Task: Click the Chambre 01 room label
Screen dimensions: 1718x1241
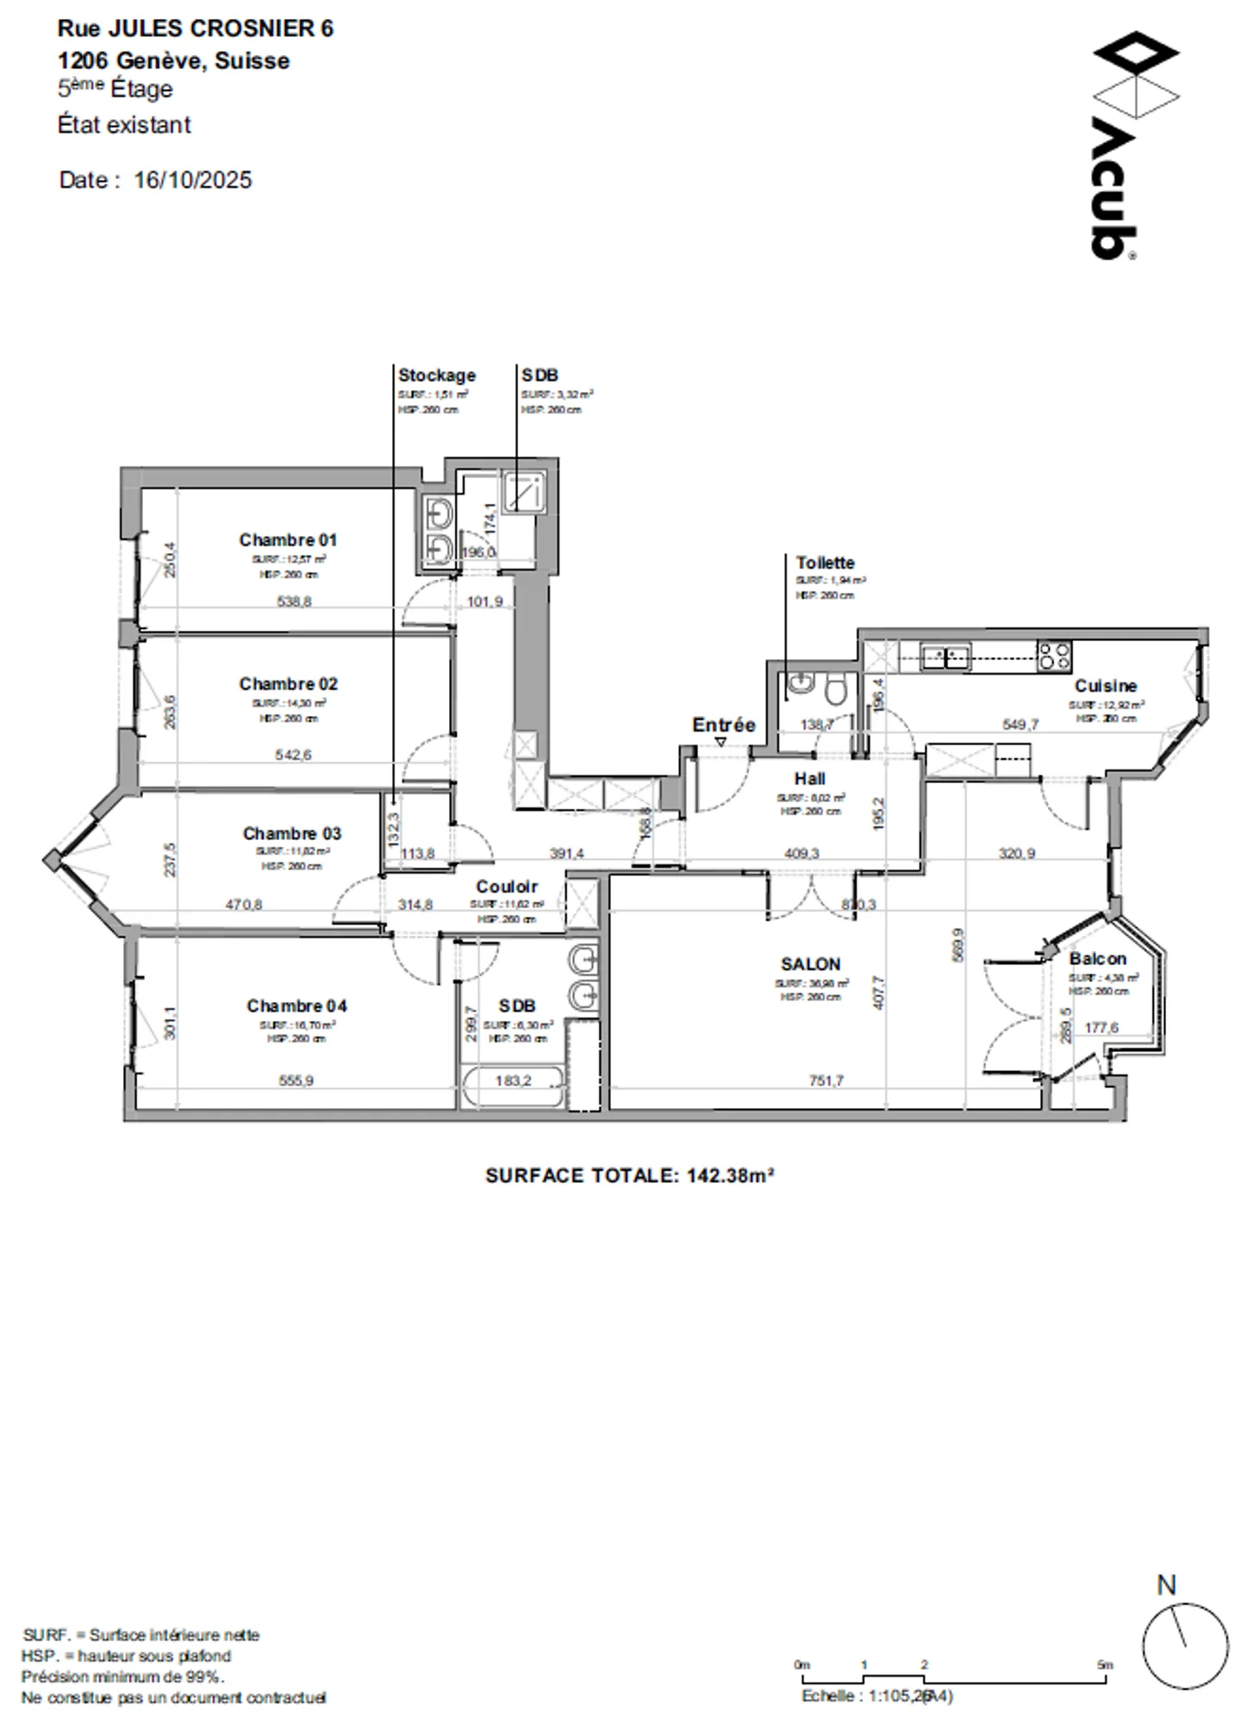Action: [288, 540]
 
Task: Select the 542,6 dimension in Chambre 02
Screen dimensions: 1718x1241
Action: [293, 755]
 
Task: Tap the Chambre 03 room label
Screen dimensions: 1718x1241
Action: [291, 833]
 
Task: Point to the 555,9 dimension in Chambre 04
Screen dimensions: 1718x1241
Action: [296, 1080]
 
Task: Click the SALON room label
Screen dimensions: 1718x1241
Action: [810, 964]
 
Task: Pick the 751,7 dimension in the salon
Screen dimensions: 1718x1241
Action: [826, 1080]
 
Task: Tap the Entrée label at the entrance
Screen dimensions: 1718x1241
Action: [723, 725]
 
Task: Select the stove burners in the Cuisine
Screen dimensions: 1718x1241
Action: [1054, 657]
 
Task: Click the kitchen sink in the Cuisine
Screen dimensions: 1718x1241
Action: [945, 657]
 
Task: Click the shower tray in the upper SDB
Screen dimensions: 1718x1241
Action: [523, 493]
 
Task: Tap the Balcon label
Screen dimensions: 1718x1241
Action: [1097, 959]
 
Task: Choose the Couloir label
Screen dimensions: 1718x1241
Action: [507, 887]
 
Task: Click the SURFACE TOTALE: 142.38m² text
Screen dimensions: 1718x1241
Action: [629, 1176]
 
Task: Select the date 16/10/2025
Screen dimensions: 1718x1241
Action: [192, 180]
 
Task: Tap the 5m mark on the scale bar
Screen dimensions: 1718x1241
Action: [1106, 1665]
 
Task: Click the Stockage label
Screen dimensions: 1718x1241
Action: [436, 376]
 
